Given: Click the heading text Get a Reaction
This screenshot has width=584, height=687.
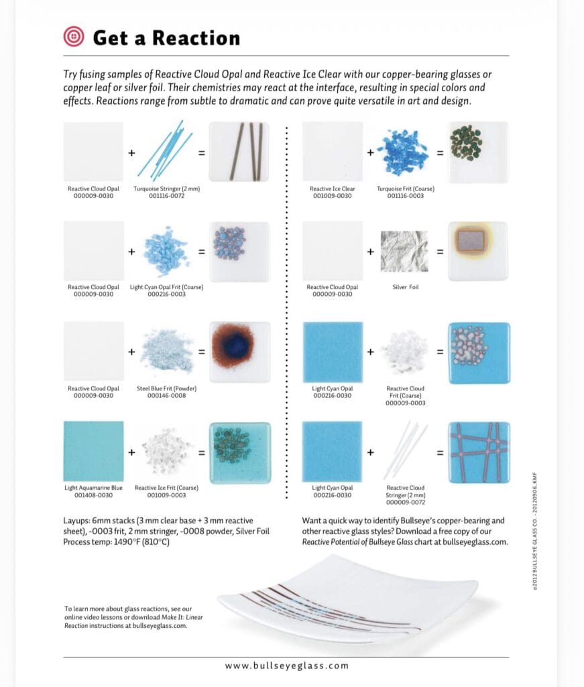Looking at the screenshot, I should click(166, 38).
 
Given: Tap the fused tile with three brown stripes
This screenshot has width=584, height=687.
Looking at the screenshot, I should click(239, 152).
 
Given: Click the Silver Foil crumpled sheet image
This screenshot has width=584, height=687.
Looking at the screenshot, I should click(404, 252).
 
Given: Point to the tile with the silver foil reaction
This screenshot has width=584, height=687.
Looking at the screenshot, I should click(477, 251).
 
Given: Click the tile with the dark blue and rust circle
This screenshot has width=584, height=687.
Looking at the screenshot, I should click(239, 351).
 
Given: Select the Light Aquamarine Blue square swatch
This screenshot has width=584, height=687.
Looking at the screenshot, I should click(93, 451).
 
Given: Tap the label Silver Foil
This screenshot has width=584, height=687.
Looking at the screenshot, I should click(404, 287).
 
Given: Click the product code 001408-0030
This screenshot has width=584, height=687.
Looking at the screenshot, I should click(93, 495).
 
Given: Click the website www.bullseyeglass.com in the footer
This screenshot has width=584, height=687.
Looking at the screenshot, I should click(287, 666).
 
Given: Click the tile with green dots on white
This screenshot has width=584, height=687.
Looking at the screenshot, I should click(477, 152).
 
